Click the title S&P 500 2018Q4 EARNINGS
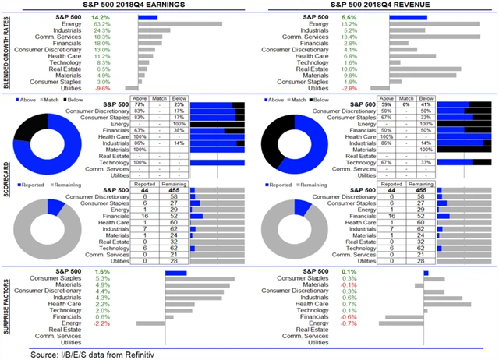click(129, 5)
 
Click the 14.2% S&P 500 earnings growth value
click(122, 16)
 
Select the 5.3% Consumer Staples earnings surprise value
click(123, 279)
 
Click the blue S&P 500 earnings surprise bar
click(176, 273)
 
